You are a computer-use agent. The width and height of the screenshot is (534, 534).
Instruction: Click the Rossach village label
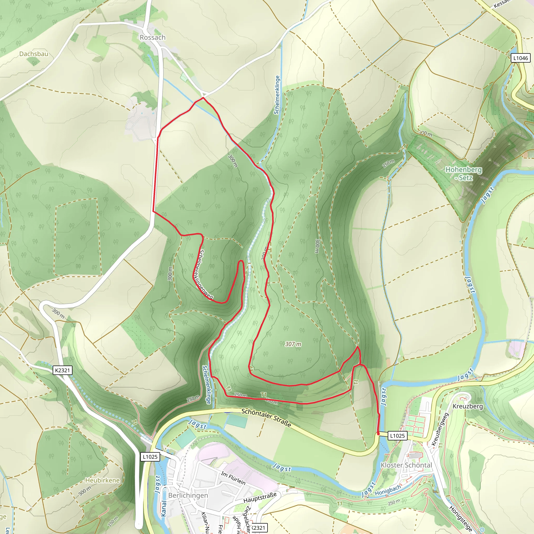(x=153, y=37)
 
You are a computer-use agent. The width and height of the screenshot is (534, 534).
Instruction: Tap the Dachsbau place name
(x=34, y=54)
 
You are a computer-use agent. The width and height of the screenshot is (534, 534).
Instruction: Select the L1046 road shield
(x=520, y=58)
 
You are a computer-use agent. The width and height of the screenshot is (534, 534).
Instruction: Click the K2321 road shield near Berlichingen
(x=63, y=370)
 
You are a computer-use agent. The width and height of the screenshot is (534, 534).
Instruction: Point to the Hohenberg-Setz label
(x=464, y=174)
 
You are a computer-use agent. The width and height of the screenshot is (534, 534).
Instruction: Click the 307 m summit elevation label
(x=293, y=344)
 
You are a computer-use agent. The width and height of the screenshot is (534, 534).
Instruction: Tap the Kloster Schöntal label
(x=406, y=465)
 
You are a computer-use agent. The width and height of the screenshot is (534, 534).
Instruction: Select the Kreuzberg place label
(x=468, y=406)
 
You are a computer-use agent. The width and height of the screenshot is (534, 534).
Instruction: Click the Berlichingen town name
(x=188, y=495)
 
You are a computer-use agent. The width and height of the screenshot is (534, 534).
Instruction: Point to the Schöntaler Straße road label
(x=266, y=418)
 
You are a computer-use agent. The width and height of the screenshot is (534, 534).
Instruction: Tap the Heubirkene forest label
(x=102, y=480)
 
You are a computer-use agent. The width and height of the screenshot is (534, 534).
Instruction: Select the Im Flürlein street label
(x=233, y=478)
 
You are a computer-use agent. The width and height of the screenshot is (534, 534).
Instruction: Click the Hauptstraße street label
(x=260, y=497)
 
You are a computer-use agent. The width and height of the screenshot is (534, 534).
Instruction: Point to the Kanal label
(x=164, y=508)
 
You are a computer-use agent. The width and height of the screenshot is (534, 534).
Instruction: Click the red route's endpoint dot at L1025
(x=378, y=434)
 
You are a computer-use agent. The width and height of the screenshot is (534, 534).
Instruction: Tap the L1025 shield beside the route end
(x=397, y=436)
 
